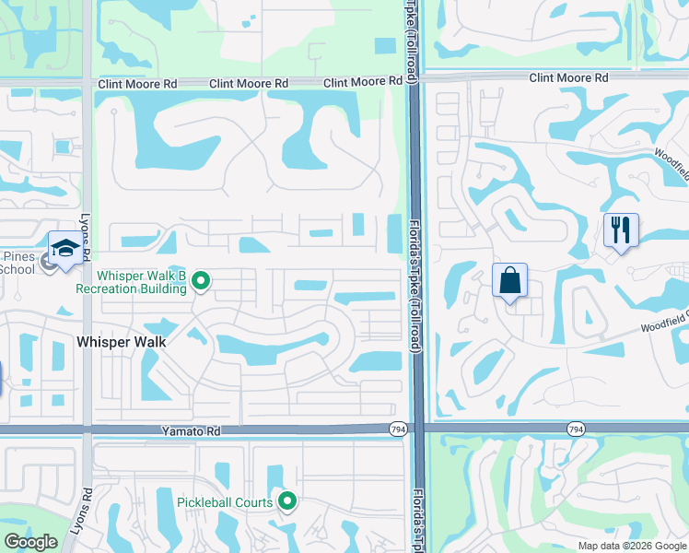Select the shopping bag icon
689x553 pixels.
pos(509,280)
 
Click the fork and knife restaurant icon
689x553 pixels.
pos(620,230)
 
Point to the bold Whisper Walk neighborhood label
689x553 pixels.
pos(122,342)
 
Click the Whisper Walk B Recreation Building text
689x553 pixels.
pos(142,282)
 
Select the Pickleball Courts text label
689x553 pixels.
pos(225,502)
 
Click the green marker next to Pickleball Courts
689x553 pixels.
pos(286,501)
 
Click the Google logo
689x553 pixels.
pos(30,542)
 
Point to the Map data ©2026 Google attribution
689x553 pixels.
pos(632,546)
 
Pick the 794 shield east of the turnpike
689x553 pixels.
pos(576,429)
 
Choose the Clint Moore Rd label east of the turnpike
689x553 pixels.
pos(568,78)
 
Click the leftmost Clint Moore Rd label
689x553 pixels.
pos(137,84)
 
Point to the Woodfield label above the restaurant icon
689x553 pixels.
pos(671,162)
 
